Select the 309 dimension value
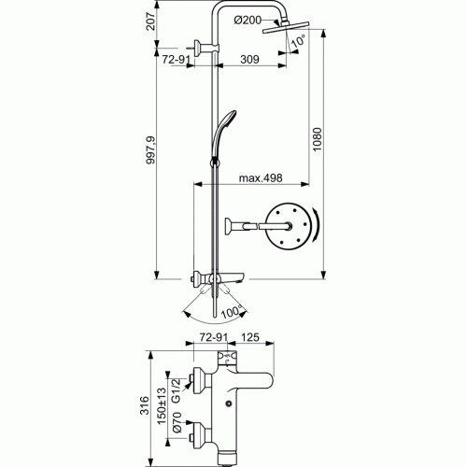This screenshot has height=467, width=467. [x=248, y=59]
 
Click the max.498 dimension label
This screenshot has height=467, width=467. [x=260, y=178]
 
